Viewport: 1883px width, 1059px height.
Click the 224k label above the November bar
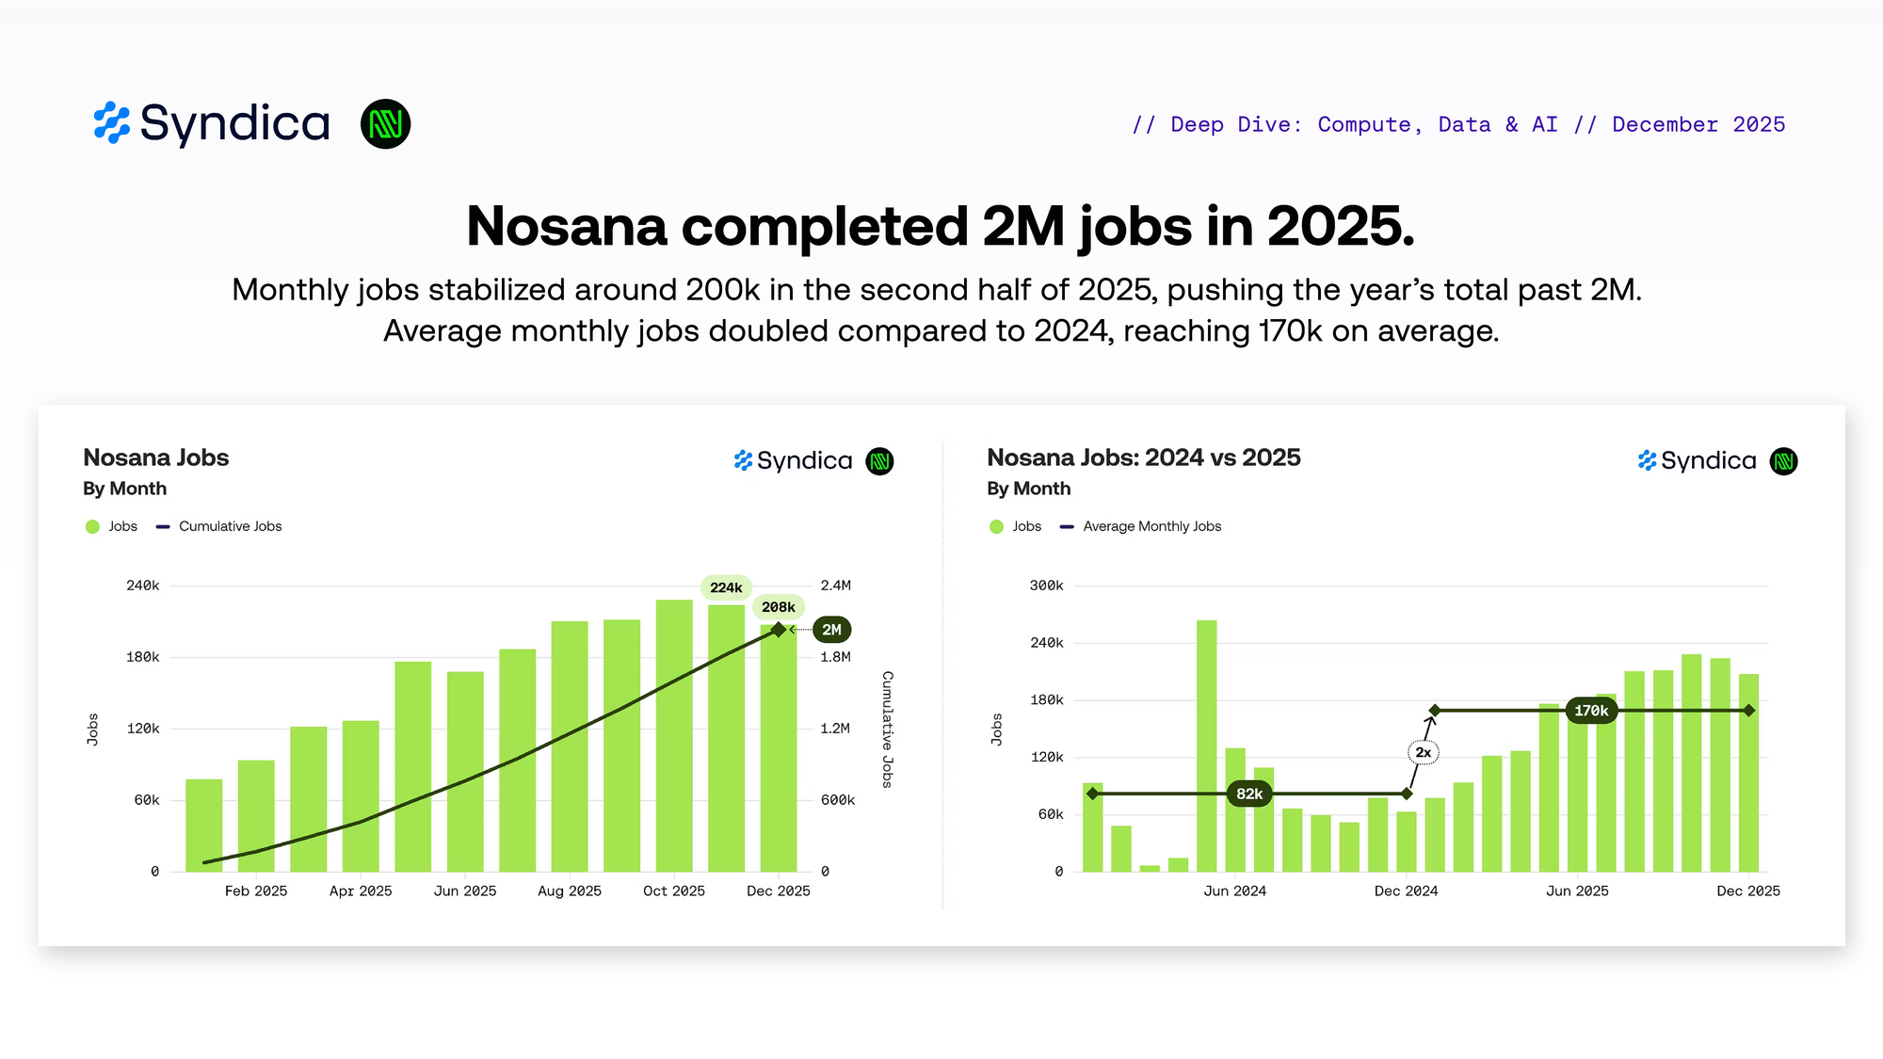(x=726, y=587)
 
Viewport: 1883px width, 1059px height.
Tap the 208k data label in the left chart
(x=779, y=607)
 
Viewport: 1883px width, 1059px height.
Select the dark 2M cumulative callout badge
(x=831, y=630)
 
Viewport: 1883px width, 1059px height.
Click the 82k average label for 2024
(x=1249, y=794)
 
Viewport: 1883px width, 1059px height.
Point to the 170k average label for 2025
(x=1591, y=711)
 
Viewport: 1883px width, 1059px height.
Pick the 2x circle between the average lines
(x=1424, y=752)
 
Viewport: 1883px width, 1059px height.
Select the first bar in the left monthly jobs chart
(x=204, y=825)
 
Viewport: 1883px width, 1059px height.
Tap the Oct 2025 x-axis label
(x=674, y=891)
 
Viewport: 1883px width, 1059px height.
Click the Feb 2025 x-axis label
(x=256, y=891)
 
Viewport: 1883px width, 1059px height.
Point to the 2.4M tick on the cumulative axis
(x=835, y=586)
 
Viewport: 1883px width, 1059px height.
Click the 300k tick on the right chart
(x=1046, y=586)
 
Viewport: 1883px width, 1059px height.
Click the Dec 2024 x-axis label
(x=1406, y=891)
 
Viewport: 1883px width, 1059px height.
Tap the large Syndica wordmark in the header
(x=234, y=123)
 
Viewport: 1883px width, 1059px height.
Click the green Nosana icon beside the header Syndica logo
(x=385, y=123)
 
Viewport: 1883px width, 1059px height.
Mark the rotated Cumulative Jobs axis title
(x=887, y=730)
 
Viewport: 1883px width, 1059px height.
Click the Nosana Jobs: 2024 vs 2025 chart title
(x=1143, y=457)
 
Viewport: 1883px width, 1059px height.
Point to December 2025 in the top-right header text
(x=1698, y=124)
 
